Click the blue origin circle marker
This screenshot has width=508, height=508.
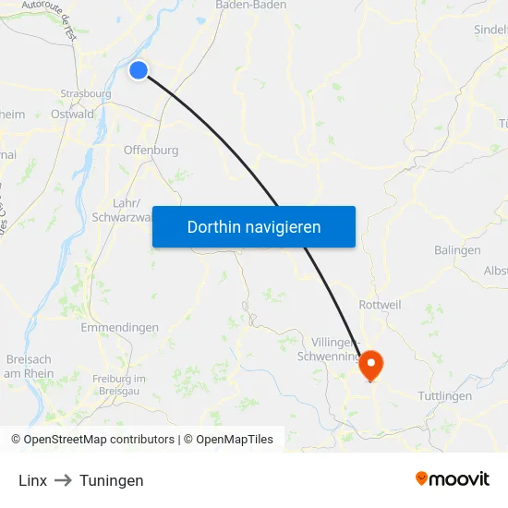pyautogui.click(x=139, y=70)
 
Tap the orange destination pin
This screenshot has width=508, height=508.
pyautogui.click(x=371, y=363)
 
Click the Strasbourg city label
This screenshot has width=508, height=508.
pyautogui.click(x=85, y=93)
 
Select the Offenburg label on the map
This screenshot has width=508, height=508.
pyautogui.click(x=151, y=150)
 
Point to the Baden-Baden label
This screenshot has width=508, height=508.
pyautogui.click(x=250, y=5)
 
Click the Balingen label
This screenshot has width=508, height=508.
pyautogui.click(x=457, y=250)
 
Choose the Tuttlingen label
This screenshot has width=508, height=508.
pyautogui.click(x=444, y=396)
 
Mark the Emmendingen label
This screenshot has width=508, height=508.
pyautogui.click(x=119, y=328)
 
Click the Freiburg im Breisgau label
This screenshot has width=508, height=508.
pyautogui.click(x=119, y=384)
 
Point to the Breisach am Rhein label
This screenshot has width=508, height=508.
pyautogui.click(x=29, y=366)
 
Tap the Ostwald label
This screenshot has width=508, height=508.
pyautogui.click(x=73, y=115)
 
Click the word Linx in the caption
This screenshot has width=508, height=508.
pyautogui.click(x=32, y=480)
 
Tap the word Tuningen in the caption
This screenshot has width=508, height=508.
pyautogui.click(x=111, y=480)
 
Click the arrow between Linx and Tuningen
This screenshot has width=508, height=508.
pyautogui.click(x=63, y=480)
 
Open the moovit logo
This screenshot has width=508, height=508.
pyautogui.click(x=452, y=478)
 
